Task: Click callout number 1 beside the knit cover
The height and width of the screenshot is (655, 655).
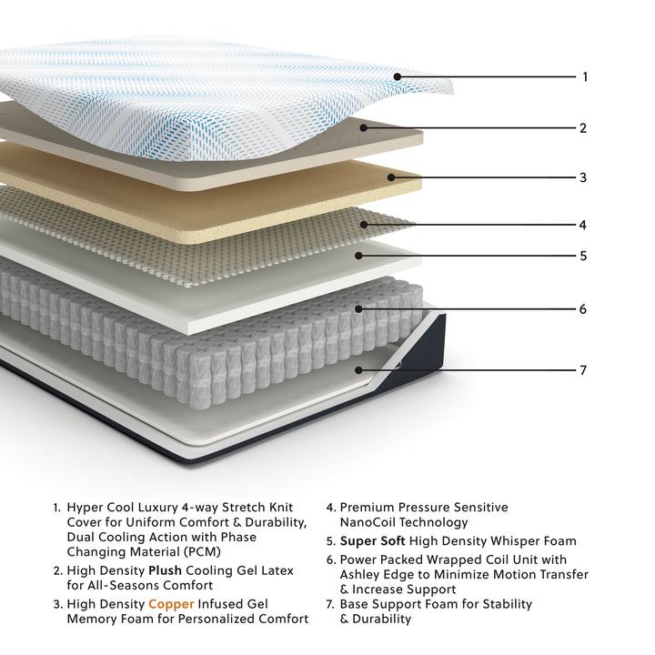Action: [x=585, y=76]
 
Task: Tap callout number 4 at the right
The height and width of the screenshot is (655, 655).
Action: [x=583, y=226]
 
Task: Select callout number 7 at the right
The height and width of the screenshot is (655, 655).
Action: [x=583, y=370]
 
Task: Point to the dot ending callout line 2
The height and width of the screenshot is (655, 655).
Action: [x=364, y=128]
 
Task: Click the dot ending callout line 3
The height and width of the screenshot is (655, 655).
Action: [x=391, y=177]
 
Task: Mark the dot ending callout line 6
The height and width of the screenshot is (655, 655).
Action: [x=358, y=309]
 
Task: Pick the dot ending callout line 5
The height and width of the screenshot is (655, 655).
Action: [x=358, y=256]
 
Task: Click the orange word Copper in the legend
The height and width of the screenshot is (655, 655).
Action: [x=171, y=604]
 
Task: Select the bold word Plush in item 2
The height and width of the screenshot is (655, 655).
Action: [x=165, y=570]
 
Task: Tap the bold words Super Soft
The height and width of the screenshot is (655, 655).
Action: [x=373, y=541]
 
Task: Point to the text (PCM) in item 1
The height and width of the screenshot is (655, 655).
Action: [x=202, y=552]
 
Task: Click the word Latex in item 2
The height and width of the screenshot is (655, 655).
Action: [x=277, y=570]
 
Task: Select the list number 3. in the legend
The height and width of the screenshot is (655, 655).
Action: [x=57, y=604]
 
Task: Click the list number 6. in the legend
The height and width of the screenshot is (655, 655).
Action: [x=331, y=559]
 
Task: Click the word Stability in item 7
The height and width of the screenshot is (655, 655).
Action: [x=507, y=604]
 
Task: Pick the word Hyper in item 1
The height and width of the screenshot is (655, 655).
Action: [x=86, y=508]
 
